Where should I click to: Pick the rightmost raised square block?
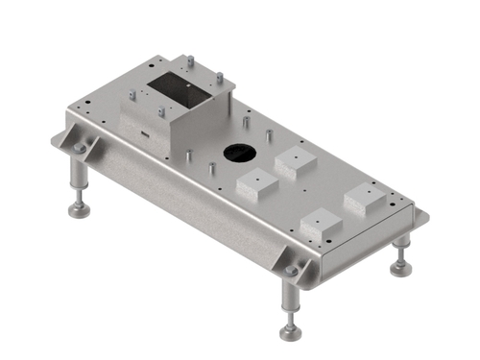(x=366, y=199)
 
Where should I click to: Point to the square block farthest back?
(x=295, y=162)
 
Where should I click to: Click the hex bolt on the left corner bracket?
(x=80, y=148)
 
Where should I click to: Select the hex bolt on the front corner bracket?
(x=291, y=271)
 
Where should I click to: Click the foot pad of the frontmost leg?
(x=289, y=332)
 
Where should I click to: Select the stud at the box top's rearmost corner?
(x=190, y=61)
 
